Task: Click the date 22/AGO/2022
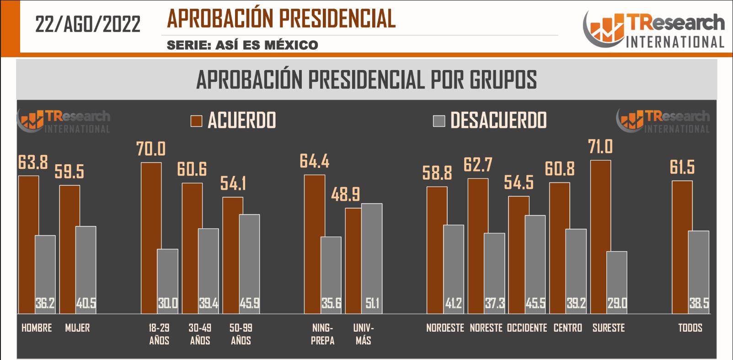(x=88, y=24)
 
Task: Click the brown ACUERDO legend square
(x=196, y=121)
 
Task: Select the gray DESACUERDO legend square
(x=439, y=121)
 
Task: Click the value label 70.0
(x=151, y=149)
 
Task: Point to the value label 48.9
(x=345, y=195)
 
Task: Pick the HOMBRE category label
(x=37, y=328)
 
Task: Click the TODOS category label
(x=690, y=328)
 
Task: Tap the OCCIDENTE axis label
(x=527, y=328)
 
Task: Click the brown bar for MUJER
(x=70, y=249)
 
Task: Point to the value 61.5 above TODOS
(x=682, y=167)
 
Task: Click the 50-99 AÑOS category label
(x=241, y=334)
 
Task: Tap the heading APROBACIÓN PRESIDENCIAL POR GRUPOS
(x=366, y=80)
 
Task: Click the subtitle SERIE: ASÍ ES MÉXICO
(x=242, y=45)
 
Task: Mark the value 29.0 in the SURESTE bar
(x=617, y=303)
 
